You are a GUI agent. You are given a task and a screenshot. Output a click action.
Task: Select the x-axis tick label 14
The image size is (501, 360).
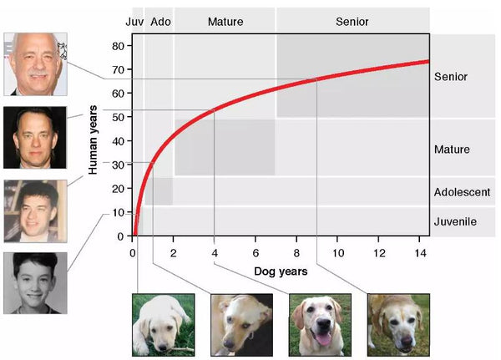(x=420, y=253)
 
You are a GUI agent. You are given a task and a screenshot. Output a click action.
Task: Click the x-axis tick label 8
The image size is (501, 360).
(x=296, y=253)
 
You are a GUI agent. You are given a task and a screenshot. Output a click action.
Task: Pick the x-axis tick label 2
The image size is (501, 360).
(x=173, y=253)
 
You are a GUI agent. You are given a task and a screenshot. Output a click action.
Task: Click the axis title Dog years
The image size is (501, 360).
(x=281, y=271)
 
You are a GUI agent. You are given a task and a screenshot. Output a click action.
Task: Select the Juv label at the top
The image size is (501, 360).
(x=134, y=21)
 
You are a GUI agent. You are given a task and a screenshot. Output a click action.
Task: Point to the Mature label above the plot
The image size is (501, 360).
(x=225, y=21)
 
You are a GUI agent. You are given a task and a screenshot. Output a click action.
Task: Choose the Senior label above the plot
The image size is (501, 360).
(x=352, y=21)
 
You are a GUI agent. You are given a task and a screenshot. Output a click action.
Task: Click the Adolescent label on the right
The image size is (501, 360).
(x=462, y=192)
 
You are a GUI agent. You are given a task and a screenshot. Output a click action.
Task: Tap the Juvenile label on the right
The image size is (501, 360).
(x=455, y=221)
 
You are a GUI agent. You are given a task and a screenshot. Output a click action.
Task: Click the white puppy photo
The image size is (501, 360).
(x=163, y=324)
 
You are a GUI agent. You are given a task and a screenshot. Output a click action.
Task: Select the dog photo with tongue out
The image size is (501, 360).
(x=320, y=324)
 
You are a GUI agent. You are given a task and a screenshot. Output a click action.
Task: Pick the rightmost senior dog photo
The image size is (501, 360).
(x=398, y=324)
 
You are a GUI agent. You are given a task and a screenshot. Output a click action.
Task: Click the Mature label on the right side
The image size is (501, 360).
(x=452, y=150)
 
